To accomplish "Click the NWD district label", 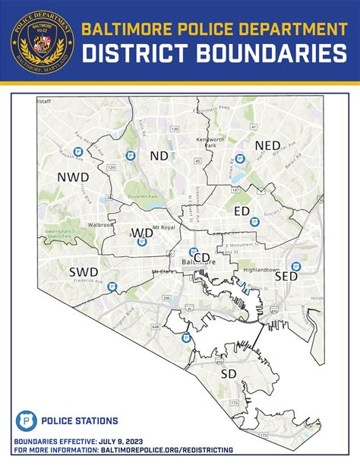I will (73, 177).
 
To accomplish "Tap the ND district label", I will (159, 156).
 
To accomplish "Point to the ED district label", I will (242, 210).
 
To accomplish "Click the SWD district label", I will (84, 271).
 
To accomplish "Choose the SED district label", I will (286, 277).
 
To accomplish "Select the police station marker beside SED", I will (296, 266).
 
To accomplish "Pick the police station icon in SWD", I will (112, 287).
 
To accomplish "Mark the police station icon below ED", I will (255, 222).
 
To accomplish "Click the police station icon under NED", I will (240, 158).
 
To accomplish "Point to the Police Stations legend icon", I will (25, 420).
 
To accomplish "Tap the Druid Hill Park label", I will (142, 197).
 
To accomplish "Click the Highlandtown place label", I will (261, 269).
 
